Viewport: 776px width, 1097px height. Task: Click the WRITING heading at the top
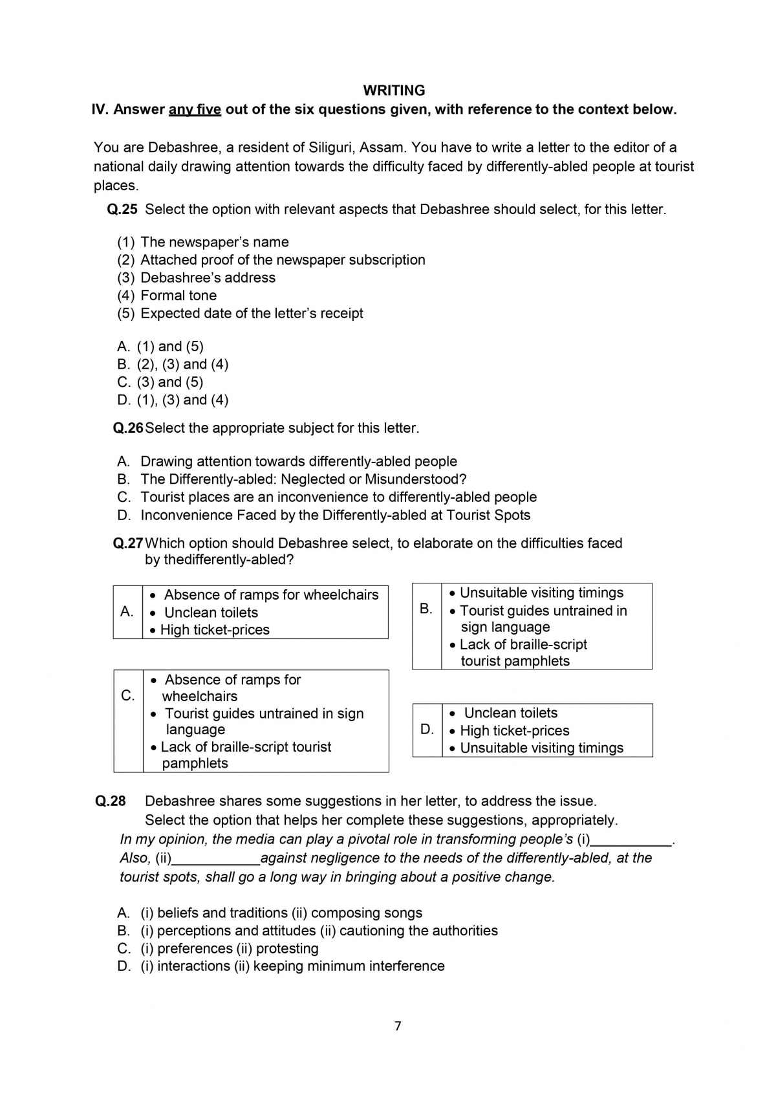coord(394,91)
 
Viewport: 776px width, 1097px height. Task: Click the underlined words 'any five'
coord(195,109)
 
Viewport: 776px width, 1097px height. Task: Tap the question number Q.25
coord(122,210)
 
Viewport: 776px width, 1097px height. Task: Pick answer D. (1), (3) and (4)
coord(173,400)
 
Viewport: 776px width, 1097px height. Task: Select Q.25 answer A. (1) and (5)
coord(160,347)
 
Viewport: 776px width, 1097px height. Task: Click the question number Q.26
coord(128,428)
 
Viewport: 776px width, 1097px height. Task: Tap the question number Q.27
coord(128,543)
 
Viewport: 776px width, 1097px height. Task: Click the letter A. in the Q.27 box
coord(127,611)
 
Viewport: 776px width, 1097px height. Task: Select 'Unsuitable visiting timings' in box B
coord(541,593)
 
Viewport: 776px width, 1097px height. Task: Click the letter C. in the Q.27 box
coord(128,695)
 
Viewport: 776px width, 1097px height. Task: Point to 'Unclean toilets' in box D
coord(510,713)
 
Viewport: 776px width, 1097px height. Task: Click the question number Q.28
coord(111,801)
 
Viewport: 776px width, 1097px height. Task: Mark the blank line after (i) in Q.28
coord(631,841)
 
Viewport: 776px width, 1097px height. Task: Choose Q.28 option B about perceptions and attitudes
coord(308,931)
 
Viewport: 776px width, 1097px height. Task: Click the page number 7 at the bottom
coord(398,1026)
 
